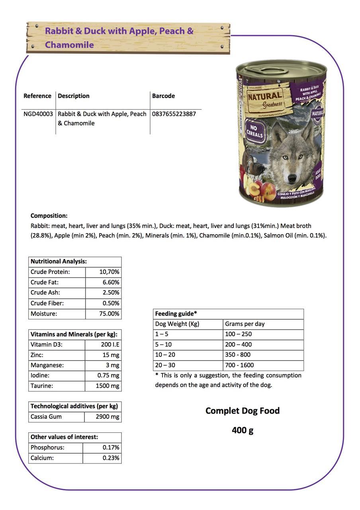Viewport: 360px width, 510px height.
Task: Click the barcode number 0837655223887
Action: click(x=174, y=114)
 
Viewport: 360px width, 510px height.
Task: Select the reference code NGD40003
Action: click(x=38, y=114)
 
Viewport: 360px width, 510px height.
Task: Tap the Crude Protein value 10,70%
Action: click(x=109, y=272)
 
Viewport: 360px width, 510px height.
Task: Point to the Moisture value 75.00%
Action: click(x=109, y=314)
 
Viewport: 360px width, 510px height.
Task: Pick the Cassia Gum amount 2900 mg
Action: click(x=108, y=417)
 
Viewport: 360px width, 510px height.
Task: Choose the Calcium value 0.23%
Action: click(x=111, y=458)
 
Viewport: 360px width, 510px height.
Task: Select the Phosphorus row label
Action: click(x=47, y=448)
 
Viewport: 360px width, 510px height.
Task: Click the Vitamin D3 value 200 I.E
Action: click(x=110, y=345)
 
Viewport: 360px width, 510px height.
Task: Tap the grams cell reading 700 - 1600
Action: click(x=239, y=365)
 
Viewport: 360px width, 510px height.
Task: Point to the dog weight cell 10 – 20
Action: click(x=165, y=355)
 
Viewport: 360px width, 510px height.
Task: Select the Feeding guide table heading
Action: click(x=176, y=314)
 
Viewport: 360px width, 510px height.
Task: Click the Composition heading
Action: click(x=49, y=216)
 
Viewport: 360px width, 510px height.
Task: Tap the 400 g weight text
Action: click(x=243, y=430)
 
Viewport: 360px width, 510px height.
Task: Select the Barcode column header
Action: click(x=163, y=96)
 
